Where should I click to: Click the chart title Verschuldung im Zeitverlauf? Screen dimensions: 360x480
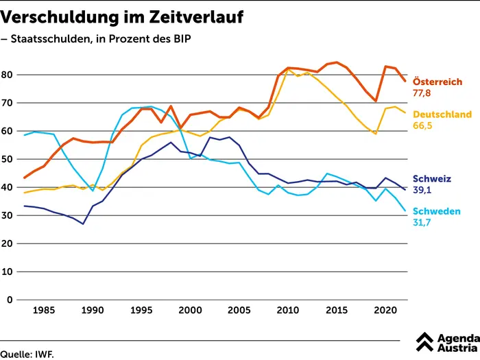click(122, 15)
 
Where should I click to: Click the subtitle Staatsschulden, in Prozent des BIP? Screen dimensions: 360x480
click(99, 39)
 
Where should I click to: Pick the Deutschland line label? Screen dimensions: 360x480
click(441, 115)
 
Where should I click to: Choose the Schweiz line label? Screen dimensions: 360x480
click(431, 179)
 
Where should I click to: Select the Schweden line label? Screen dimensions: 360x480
click(436, 211)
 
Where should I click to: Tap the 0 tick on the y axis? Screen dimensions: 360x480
click(10, 300)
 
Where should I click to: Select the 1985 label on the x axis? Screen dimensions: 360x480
click(44, 310)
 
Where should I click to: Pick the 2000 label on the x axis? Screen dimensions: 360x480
click(190, 310)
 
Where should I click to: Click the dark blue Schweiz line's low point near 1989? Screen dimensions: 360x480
click(83, 224)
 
